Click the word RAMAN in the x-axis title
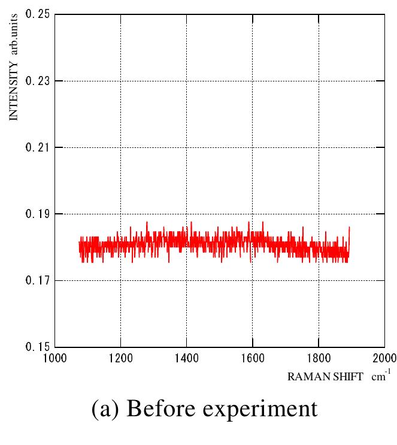[305, 377]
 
